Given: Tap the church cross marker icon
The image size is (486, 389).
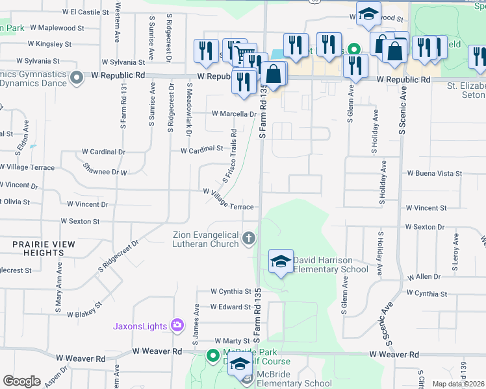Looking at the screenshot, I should [248, 240].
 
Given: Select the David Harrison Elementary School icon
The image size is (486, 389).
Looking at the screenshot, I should [281, 261].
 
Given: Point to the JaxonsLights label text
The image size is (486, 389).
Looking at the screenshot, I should [141, 325].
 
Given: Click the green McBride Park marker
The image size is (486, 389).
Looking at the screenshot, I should [212, 355].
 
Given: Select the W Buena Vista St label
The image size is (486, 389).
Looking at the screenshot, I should [434, 174].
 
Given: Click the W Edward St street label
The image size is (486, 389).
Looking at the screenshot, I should [230, 307].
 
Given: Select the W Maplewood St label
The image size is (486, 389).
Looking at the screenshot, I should [57, 29].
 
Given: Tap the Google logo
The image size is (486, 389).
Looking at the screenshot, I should [21, 381].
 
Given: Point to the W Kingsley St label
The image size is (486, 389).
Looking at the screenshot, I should [49, 44].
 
